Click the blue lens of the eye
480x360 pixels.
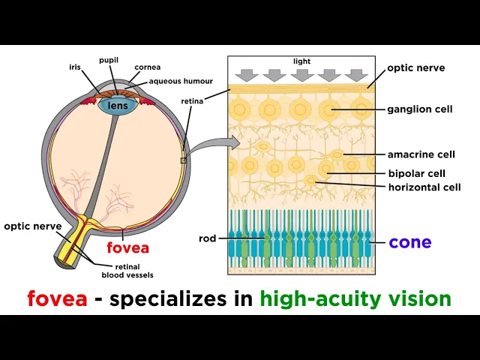pos(118,106)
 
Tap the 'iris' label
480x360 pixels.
pos(76,67)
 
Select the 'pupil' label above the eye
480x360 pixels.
pos(109,60)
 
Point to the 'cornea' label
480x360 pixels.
pos(147,67)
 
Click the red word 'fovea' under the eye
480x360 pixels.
pos(127,247)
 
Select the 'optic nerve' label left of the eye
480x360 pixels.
pos(33,226)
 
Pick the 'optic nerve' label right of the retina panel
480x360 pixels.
pos(415,67)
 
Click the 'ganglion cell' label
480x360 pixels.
pos(420,109)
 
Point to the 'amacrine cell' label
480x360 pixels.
pos(421,154)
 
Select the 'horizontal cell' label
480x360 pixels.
pos(424,187)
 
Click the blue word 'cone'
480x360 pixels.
pos(409,242)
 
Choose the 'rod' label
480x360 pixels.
pos(208,238)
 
